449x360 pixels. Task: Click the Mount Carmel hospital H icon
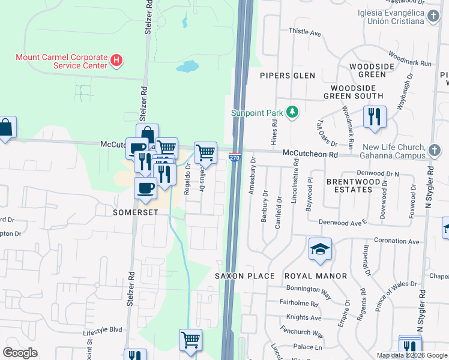117,61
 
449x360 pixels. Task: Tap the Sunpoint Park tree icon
292,112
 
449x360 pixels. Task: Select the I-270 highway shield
235,158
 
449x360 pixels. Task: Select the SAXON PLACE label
245,276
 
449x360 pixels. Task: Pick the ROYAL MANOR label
316,276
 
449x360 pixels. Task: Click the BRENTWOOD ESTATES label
349,185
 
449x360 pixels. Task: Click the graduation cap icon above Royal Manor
321,248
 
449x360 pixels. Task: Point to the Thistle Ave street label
305,31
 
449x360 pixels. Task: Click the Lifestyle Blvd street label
103,330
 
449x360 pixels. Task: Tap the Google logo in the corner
20,353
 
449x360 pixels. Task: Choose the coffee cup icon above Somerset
145,188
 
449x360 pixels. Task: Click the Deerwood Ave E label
342,222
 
